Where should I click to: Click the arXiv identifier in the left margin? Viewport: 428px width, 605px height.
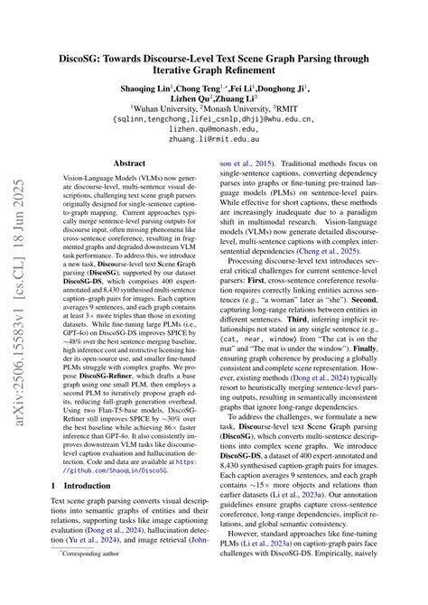16,298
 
